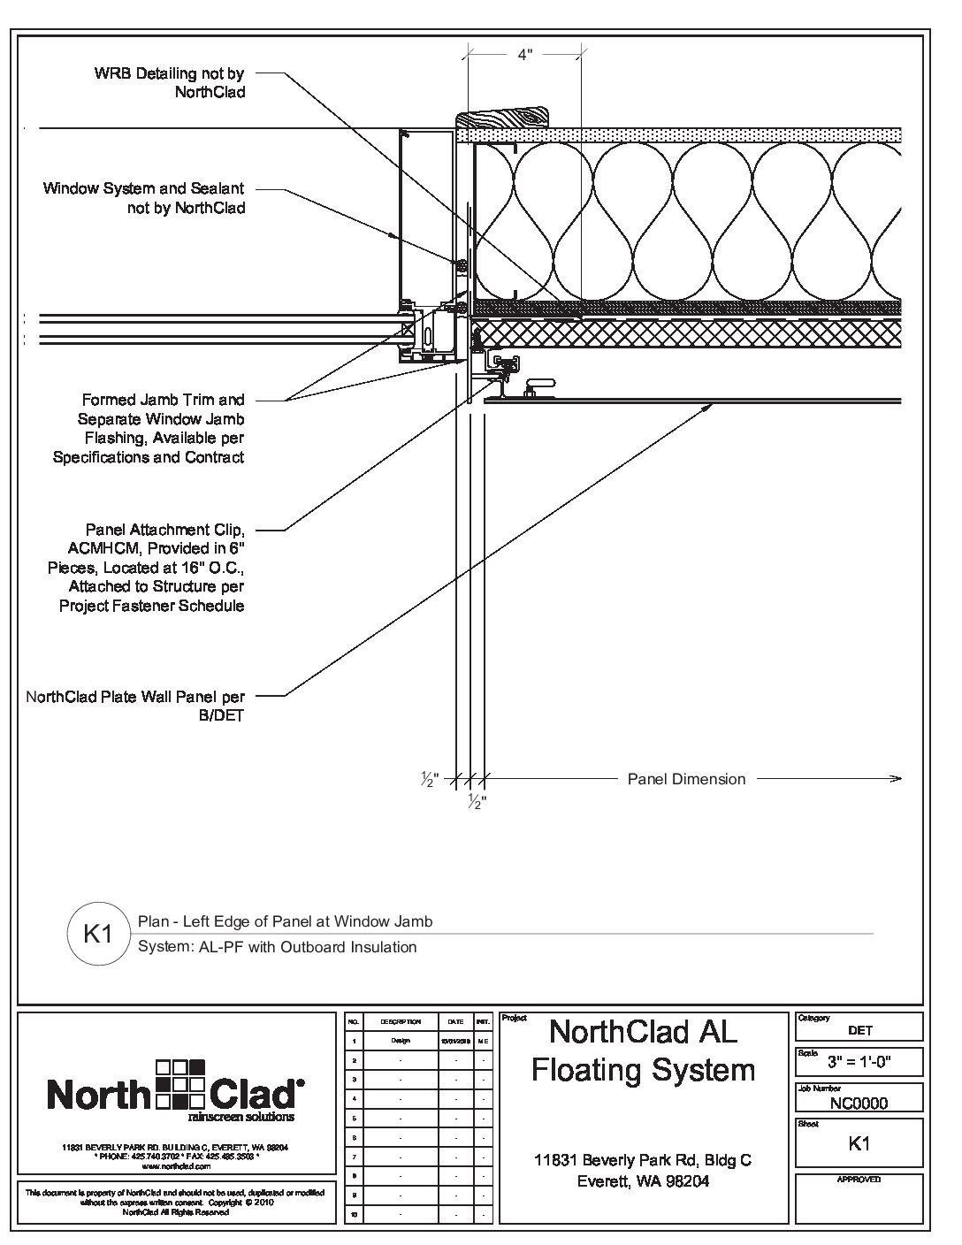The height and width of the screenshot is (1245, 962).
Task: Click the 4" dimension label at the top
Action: point(525,55)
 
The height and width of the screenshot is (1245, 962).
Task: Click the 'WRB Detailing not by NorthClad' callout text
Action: point(170,82)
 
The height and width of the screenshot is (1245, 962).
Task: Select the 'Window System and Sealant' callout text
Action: point(144,198)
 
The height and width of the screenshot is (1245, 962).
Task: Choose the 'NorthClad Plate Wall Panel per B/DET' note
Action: point(135,707)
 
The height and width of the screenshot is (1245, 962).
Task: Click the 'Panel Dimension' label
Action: point(686,779)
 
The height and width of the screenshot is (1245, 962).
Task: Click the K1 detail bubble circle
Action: point(96,933)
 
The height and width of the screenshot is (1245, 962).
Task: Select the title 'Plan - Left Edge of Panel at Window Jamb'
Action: point(286,921)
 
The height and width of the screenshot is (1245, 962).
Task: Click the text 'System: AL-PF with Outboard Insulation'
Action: point(278,947)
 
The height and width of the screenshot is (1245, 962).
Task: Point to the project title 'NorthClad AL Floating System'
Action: point(643,1050)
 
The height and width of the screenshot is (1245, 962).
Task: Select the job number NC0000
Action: point(859,1103)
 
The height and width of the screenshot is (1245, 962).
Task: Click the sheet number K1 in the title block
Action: point(859,1143)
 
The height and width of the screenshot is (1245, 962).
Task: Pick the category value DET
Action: point(859,1030)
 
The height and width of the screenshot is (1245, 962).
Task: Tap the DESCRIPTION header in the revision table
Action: point(401,1021)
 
